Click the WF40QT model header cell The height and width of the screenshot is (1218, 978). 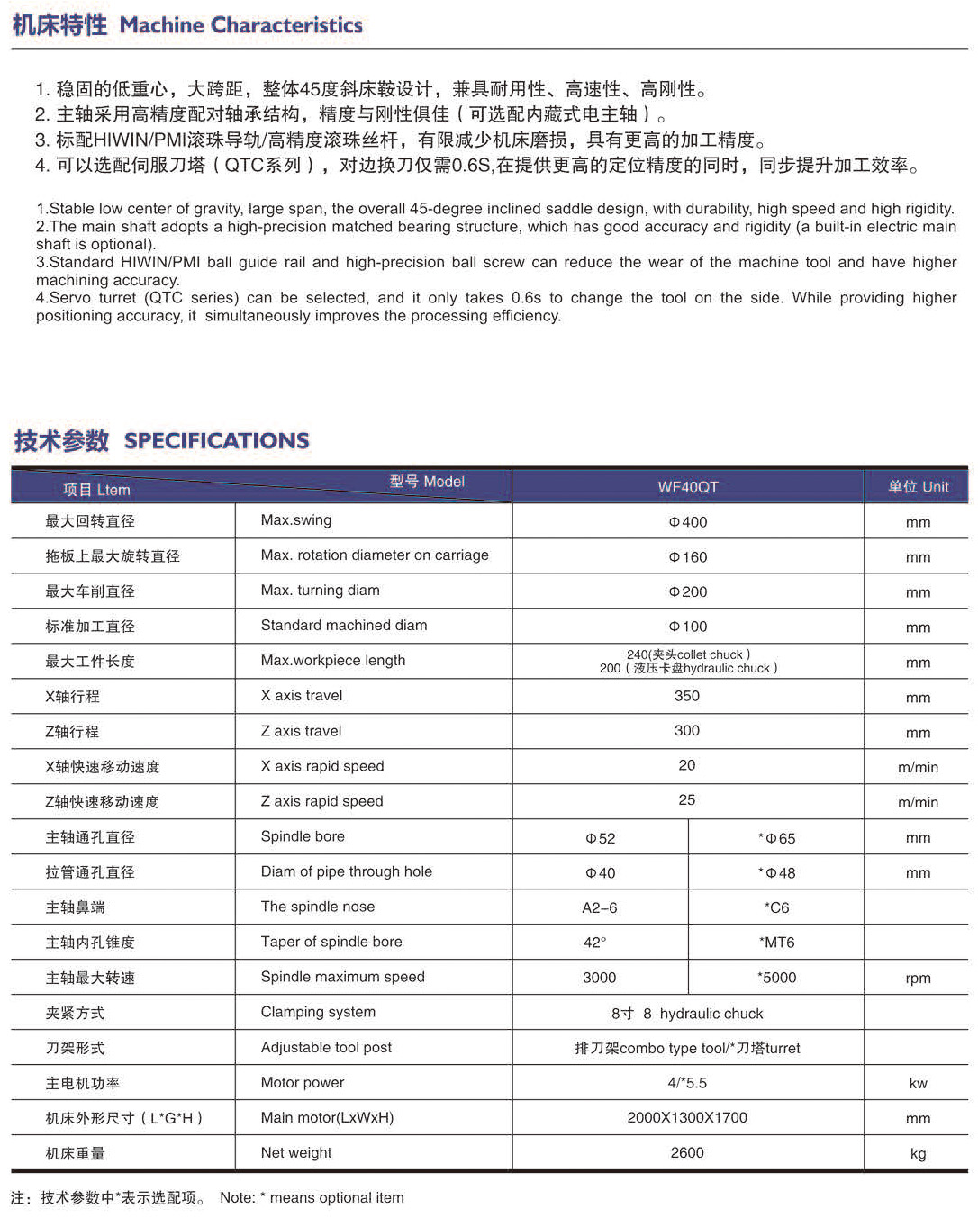coord(688,487)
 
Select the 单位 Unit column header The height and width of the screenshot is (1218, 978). coord(918,487)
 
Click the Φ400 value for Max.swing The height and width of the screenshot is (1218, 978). coord(688,522)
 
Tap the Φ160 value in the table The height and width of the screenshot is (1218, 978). coord(688,557)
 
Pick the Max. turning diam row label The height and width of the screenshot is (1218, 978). coord(320,591)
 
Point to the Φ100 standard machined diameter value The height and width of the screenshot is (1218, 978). coord(688,627)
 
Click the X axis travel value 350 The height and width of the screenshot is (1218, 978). coord(687,696)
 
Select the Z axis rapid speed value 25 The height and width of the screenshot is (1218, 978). coord(687,799)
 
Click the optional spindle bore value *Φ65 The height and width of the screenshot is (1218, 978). coord(776,838)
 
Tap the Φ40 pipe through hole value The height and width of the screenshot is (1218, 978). coord(601,873)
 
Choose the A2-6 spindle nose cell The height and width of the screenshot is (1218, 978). coord(600,907)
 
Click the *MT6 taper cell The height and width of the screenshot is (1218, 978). coord(776,943)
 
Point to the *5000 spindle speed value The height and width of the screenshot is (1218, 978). coord(776,978)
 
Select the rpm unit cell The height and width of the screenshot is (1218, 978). coord(918,979)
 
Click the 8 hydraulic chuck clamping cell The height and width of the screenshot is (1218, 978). coord(687,1014)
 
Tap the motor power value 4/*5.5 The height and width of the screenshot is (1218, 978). coord(687,1083)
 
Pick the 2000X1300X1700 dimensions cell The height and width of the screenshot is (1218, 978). coord(687,1117)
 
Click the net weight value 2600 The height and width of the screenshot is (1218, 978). coord(687,1152)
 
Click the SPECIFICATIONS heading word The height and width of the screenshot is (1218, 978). coord(216,440)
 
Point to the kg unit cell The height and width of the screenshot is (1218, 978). coord(918,1154)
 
